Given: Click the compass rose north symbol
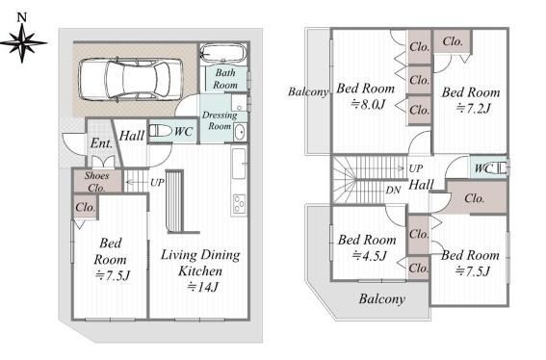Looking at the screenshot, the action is pos(22,39).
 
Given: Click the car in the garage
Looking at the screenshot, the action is pos(131,80).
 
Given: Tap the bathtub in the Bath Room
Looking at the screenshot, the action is pos(223,54).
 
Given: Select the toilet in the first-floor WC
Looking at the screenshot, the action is pos(161,131).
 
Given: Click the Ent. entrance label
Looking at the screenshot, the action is pos(101,143).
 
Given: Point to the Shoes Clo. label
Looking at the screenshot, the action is pos(96,182).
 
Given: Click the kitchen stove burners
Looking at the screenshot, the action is pos(239,203).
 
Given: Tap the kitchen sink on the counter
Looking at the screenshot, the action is pos(239,164).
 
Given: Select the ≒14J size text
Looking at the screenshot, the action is pos(202,287).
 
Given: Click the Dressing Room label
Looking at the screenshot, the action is pos(220,120).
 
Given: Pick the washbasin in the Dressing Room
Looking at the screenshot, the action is pos(241,132).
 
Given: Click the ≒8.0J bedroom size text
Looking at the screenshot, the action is pos(368,104).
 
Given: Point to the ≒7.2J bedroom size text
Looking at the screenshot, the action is pos(473,108).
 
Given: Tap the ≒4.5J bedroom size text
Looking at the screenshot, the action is pos(369,255).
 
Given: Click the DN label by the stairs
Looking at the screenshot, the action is pos(393,190).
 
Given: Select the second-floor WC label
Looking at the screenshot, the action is pos(483,168).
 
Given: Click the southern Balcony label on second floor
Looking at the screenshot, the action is pos(382,299).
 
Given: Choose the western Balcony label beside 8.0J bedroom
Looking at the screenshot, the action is pos(308,91).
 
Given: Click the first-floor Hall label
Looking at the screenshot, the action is pos(132,136).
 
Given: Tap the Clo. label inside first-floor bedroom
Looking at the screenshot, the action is pos(86,208).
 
